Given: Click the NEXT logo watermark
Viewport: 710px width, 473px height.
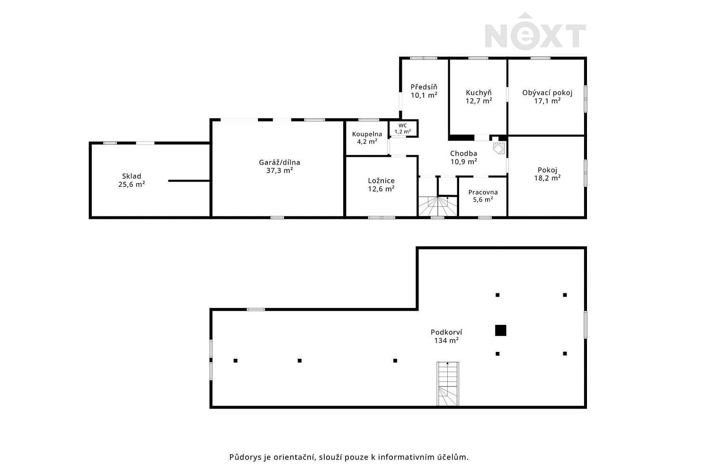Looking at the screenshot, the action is tap(535, 31).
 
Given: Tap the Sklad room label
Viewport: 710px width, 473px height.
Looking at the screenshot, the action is tap(132, 176).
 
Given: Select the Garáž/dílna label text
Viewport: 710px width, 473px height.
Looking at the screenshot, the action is tap(279, 163).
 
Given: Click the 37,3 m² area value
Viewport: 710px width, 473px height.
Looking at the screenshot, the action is tap(279, 171).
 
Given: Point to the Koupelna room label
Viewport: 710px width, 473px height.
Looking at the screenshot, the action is tap(367, 134).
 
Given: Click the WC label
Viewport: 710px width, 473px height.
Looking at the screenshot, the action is tap(402, 125).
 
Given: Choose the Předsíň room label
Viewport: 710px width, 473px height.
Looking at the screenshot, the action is tap(424, 87).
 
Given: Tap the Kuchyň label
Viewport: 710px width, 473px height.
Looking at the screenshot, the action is tap(479, 93).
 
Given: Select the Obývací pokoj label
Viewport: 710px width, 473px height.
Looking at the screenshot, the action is tap(547, 93).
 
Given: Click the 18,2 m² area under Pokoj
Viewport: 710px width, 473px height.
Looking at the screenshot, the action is tap(547, 178).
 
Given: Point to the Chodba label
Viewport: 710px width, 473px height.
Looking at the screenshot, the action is tap(464, 154).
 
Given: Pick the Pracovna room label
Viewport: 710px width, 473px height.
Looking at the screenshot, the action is tap(483, 193).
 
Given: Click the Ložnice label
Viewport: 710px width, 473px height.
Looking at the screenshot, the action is tap(382, 181).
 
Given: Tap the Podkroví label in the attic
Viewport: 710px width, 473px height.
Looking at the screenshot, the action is tap(446, 333).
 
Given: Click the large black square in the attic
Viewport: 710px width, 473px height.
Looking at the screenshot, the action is tap(500, 331).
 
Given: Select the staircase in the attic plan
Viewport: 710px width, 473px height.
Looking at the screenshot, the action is tap(448, 384).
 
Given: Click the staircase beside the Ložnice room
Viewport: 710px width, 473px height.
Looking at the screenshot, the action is tap(438, 206).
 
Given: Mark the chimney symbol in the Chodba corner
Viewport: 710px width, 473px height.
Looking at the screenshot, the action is tap(499, 148).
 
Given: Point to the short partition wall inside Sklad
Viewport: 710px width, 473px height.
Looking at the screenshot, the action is tap(189, 181).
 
